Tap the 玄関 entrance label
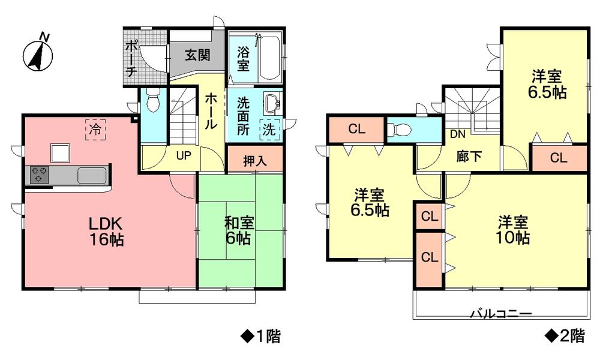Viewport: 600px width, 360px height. [197, 55]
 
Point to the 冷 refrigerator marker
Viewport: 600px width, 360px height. [95, 128]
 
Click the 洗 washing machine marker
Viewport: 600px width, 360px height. [268, 128]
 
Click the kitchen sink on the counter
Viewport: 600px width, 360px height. [91, 175]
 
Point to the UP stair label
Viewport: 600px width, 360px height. [184, 154]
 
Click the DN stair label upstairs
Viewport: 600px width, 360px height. [458, 134]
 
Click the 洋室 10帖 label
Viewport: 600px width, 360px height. [512, 229]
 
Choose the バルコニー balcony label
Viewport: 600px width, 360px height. [501, 313]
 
